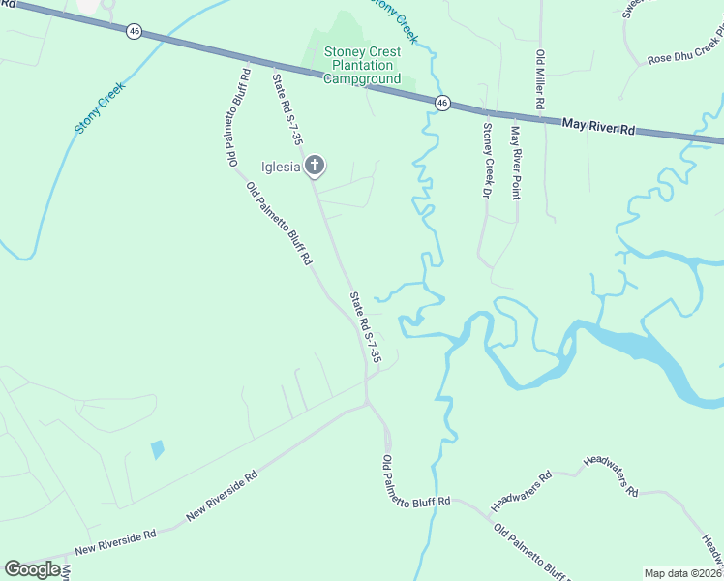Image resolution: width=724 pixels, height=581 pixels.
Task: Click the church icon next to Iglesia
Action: (x=314, y=166)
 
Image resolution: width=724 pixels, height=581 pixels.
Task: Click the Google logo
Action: (x=32, y=568)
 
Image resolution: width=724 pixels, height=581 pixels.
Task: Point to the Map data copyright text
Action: (x=682, y=573)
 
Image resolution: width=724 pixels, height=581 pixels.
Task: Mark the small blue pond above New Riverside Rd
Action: (x=157, y=449)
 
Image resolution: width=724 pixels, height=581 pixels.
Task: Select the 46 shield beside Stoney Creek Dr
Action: (x=441, y=103)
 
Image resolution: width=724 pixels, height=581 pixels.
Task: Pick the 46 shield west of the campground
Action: (x=133, y=32)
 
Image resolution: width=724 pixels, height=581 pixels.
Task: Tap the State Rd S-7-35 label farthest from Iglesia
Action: (x=365, y=328)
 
